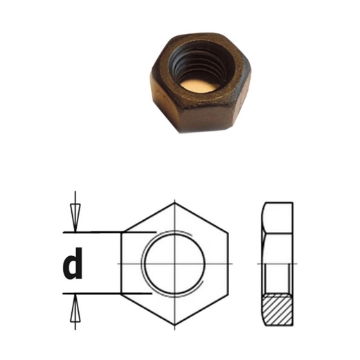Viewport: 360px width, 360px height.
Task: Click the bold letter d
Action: pyautogui.click(x=73, y=264)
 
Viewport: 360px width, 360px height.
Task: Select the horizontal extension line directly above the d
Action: pyautogui.click(x=97, y=231)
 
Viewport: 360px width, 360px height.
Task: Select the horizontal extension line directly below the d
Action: pyautogui.click(x=97, y=294)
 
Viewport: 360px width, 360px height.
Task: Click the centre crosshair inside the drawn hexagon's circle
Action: pyautogui.click(x=175, y=264)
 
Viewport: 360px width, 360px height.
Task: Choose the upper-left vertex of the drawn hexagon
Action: pyautogui.click(x=122, y=233)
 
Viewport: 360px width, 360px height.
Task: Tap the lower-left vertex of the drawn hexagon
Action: pyautogui.click(x=122, y=296)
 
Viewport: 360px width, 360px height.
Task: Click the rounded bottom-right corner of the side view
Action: pyautogui.click(x=291, y=323)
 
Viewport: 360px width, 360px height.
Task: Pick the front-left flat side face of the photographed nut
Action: pyautogui.click(x=164, y=102)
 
